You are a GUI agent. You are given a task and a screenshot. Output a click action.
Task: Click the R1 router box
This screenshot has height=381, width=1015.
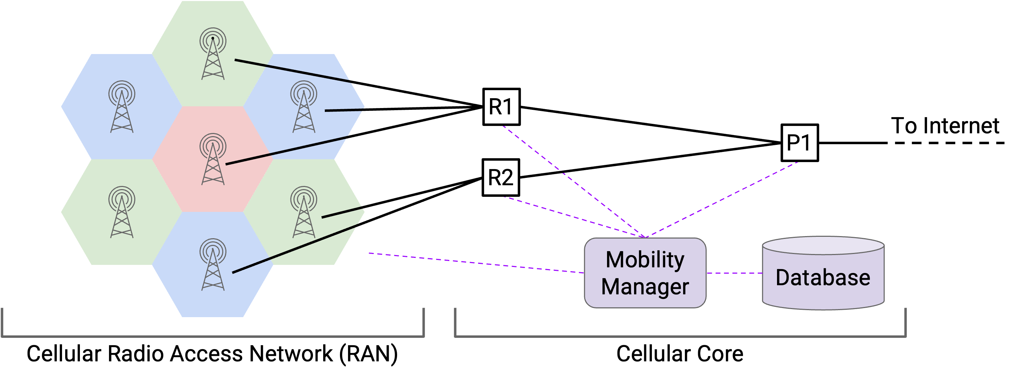pyautogui.click(x=502, y=107)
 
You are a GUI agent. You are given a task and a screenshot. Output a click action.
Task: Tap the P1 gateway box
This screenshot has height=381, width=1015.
pyautogui.click(x=800, y=143)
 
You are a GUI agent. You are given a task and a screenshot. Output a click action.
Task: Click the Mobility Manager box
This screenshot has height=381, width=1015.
pyautogui.click(x=645, y=273)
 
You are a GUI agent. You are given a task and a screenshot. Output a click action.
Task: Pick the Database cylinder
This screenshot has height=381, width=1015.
pyautogui.click(x=823, y=273)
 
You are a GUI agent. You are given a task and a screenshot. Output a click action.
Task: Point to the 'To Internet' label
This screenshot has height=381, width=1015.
pyautogui.click(x=945, y=126)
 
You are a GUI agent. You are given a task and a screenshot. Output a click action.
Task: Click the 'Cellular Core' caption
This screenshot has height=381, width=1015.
pyautogui.click(x=680, y=354)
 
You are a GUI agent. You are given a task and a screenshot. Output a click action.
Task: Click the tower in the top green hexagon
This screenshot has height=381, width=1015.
pyautogui.click(x=213, y=54)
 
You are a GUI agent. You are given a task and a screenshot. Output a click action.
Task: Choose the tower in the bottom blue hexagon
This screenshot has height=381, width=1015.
pyautogui.click(x=213, y=265)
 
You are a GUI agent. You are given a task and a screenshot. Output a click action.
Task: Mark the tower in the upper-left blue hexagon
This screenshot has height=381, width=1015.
pyautogui.click(x=122, y=107)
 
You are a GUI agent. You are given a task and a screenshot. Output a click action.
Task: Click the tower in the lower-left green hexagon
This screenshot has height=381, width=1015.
pyautogui.click(x=122, y=212)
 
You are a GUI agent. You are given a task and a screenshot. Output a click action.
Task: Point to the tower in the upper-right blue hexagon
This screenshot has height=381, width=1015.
pyautogui.click(x=304, y=107)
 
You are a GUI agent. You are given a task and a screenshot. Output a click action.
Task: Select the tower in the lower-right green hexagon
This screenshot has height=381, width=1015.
pyautogui.click(x=304, y=212)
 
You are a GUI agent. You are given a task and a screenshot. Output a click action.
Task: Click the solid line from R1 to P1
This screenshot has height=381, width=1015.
pyautogui.click(x=651, y=125)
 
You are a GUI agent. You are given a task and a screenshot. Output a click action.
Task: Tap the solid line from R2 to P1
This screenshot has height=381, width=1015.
pyautogui.click(x=650, y=160)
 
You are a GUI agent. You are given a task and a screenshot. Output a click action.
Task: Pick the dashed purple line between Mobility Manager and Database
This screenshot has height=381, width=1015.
pyautogui.click(x=734, y=273)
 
